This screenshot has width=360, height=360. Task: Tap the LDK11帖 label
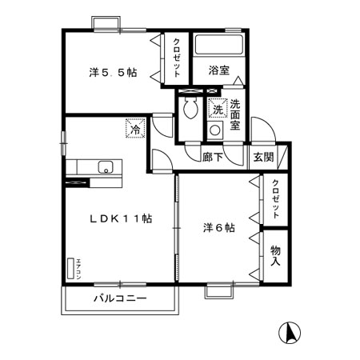[x=121, y=218]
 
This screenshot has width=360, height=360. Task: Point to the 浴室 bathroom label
[x=218, y=70]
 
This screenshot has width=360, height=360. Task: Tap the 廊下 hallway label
[x=212, y=158]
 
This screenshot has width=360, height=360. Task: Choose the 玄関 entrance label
[x=263, y=157]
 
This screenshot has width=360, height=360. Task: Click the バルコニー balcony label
[x=119, y=299]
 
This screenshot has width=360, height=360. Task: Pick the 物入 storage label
[x=275, y=256]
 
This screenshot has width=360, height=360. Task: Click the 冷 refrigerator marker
[x=135, y=126]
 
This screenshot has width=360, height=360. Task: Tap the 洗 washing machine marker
[x=216, y=110]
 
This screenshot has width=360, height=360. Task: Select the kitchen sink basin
[x=104, y=166]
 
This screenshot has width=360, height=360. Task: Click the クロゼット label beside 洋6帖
[x=274, y=200]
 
